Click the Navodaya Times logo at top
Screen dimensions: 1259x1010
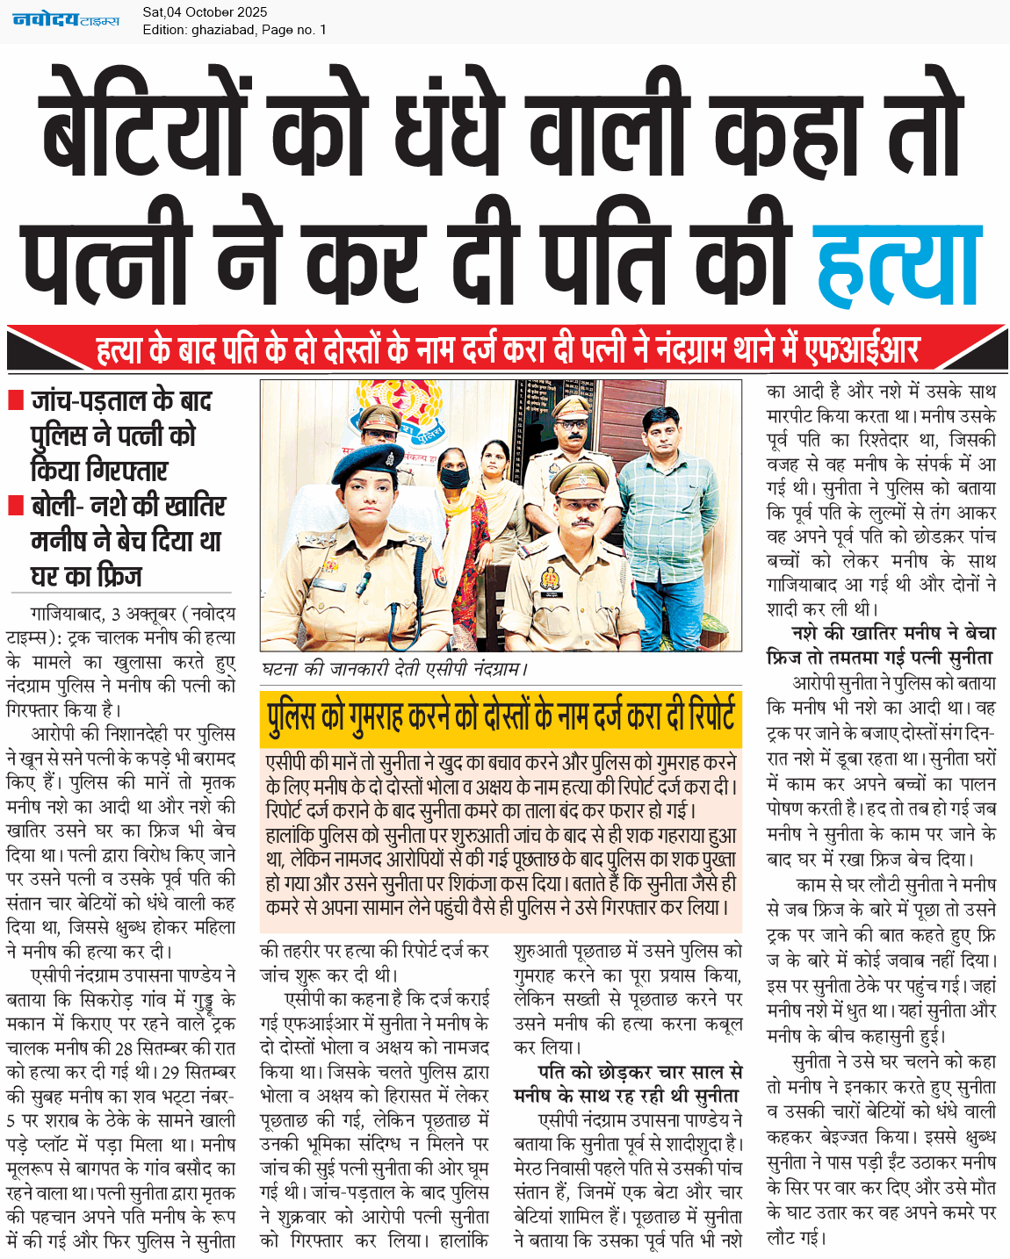(66, 19)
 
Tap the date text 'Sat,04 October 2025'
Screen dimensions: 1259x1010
(205, 12)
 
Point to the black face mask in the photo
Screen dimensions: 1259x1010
(455, 479)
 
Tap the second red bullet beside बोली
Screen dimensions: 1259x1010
(15, 506)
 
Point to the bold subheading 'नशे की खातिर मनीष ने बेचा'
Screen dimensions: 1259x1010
(893, 633)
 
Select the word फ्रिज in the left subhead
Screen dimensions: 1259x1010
(112, 576)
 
